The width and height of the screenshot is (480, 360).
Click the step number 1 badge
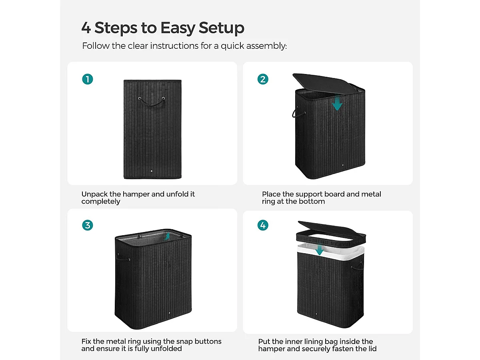[88, 79]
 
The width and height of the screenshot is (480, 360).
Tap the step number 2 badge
[263, 79]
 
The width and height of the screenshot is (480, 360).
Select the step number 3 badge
[88, 225]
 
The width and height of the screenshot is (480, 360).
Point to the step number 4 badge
[263, 225]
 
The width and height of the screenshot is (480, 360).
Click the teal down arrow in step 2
[337, 103]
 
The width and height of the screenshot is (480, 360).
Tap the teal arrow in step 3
[167, 236]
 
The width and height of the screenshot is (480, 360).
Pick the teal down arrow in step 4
[320, 250]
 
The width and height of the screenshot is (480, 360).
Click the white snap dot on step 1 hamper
[152, 171]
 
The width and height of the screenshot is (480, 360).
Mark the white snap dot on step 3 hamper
[170, 313]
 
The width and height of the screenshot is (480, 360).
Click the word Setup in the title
[221, 28]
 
